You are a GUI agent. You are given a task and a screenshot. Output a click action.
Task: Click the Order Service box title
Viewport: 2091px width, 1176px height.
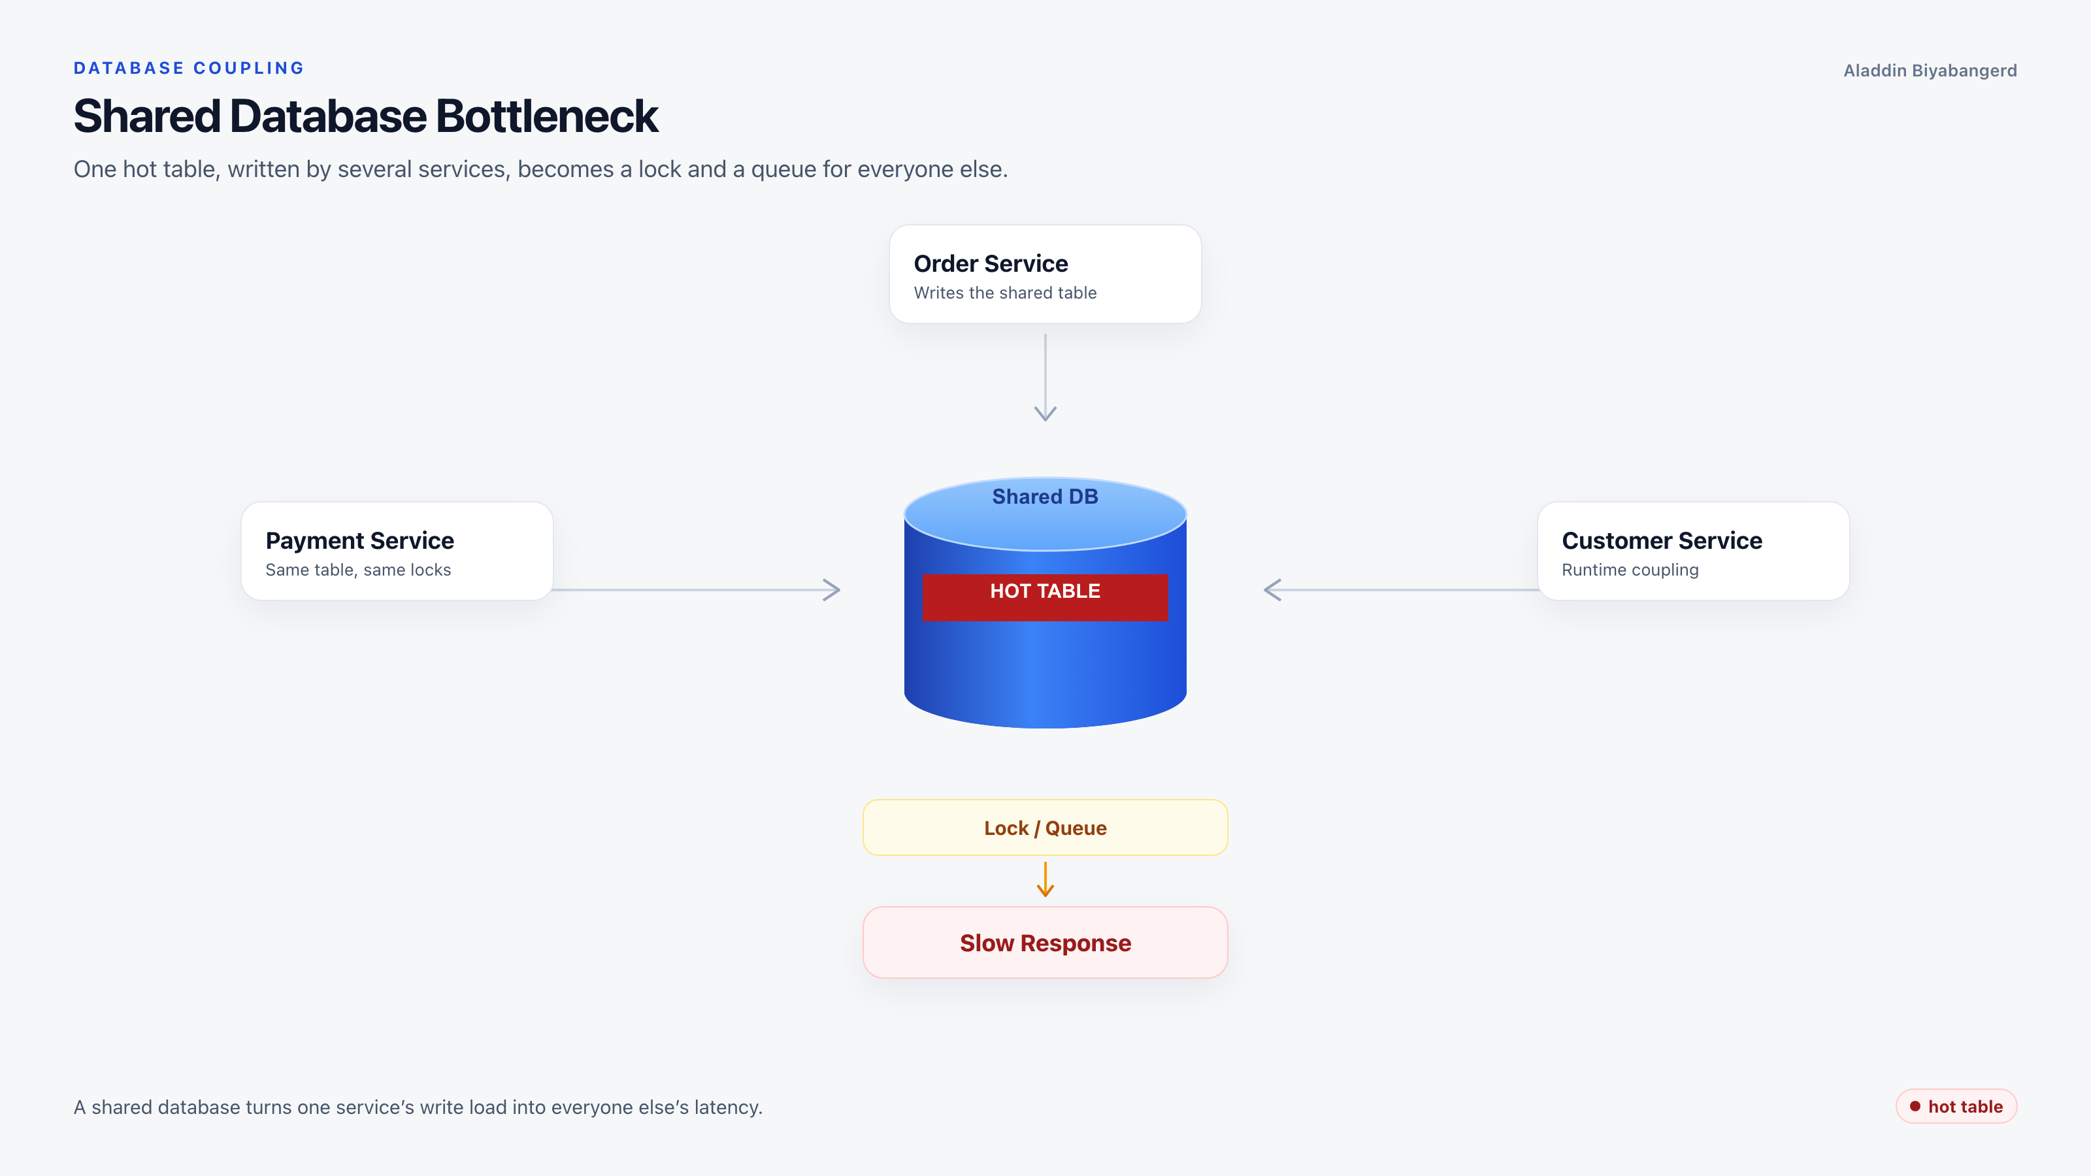991,264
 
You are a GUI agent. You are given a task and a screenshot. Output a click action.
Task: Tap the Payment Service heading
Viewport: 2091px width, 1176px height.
359,540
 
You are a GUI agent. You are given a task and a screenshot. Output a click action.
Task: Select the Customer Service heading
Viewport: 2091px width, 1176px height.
1662,540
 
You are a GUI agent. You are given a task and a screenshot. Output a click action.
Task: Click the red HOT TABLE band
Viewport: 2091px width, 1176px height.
1045,597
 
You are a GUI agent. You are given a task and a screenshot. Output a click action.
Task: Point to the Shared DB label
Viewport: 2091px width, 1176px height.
1045,497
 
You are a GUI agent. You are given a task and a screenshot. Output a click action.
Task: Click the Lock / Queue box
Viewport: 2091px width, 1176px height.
1045,827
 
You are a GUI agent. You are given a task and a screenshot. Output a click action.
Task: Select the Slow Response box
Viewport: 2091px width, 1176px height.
1045,942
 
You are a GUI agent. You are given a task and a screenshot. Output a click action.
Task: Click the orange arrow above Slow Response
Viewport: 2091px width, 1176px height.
1045,879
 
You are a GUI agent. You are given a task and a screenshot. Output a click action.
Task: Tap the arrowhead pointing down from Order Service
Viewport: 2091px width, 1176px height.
1045,414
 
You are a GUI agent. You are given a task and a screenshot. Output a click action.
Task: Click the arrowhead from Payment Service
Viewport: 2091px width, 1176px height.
832,590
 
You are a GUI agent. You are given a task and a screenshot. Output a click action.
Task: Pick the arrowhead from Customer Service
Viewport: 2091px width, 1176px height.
1272,590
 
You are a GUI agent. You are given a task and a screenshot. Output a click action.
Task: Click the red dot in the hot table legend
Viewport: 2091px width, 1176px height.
1915,1106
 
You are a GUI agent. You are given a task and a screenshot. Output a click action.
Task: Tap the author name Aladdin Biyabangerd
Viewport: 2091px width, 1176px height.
1930,71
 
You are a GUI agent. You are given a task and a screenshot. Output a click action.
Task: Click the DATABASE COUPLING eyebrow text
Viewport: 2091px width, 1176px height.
188,68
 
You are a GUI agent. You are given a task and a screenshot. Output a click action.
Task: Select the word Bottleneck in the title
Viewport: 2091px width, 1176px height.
547,116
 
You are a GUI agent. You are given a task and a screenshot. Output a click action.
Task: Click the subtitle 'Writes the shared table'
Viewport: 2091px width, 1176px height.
1005,293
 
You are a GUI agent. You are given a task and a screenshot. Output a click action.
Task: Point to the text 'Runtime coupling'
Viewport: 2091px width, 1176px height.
1630,570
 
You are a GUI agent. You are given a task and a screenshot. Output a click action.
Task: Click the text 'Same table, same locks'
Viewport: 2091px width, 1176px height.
358,570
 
